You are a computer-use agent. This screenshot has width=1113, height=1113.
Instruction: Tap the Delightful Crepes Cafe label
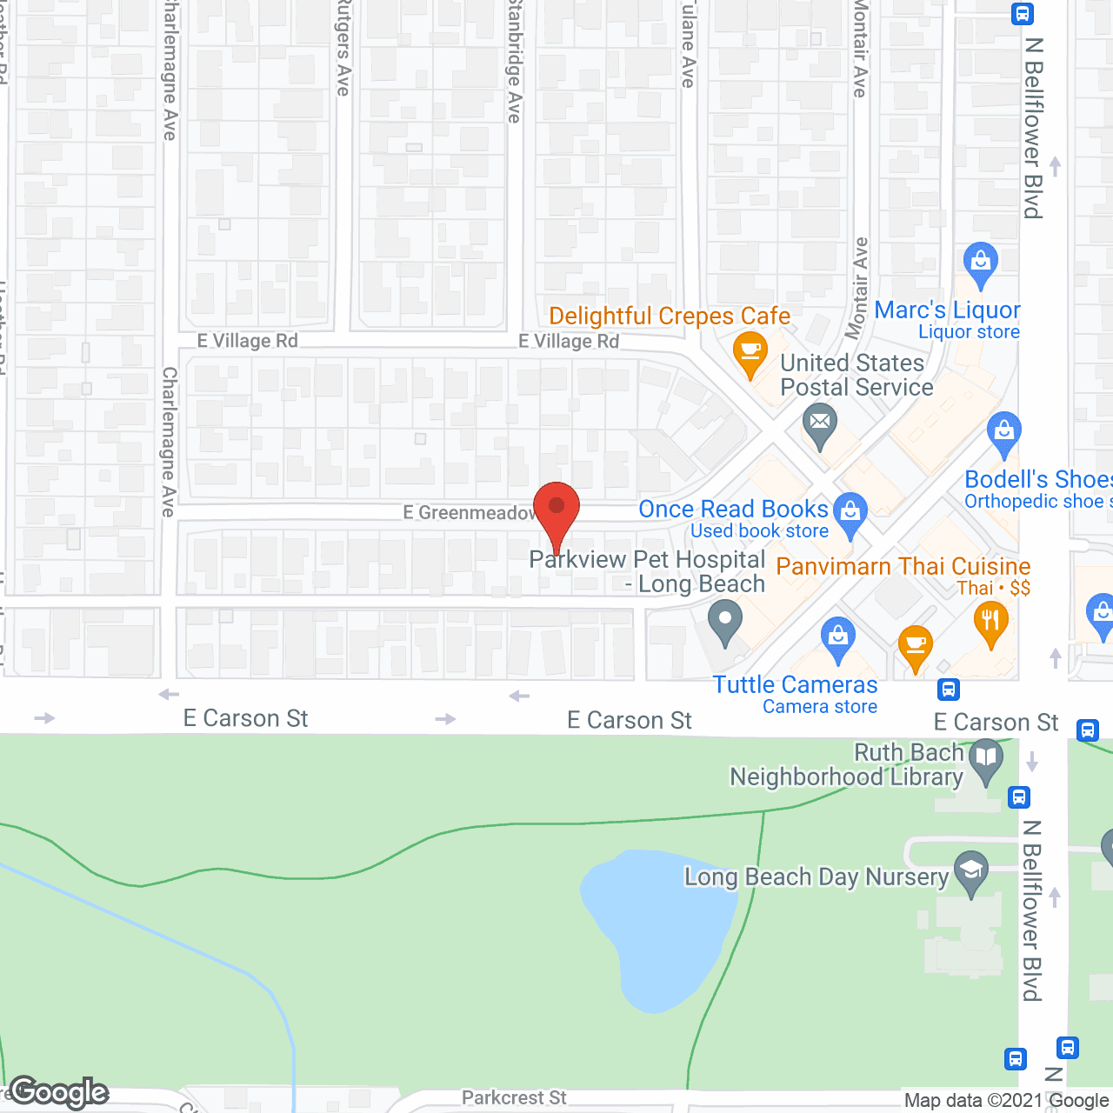670,316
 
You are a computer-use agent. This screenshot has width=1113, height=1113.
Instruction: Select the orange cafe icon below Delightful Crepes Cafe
750,354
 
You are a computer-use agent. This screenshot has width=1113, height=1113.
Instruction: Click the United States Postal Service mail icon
819,426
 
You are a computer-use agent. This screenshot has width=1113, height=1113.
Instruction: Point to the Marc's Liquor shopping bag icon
981,263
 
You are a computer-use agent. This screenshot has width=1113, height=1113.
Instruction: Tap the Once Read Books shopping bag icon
850,513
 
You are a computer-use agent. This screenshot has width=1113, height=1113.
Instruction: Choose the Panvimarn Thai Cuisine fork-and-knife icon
991,623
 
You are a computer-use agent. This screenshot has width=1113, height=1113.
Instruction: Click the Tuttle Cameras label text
796,685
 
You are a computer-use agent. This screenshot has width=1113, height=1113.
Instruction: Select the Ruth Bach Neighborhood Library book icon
986,758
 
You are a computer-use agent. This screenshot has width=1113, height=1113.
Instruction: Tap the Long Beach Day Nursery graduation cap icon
971,870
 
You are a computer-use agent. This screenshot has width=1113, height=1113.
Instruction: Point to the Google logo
59,1092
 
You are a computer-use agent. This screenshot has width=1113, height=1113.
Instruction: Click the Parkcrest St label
514,1098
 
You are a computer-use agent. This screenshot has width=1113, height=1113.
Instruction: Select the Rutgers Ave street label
343,48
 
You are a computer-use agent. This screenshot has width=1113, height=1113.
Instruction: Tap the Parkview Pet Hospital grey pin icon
724,623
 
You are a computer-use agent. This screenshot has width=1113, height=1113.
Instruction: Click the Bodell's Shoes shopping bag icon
1004,433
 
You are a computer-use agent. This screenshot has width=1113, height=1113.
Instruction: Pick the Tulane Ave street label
689,43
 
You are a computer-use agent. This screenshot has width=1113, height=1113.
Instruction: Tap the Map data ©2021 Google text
1006,1101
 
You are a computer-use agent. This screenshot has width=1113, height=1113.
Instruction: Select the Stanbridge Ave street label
515,61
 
